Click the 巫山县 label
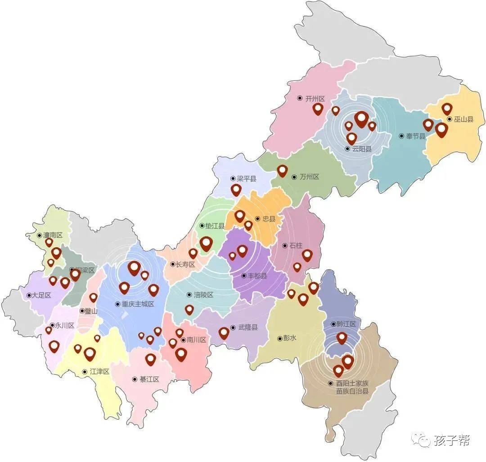[463, 120]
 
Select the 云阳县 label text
[362, 149]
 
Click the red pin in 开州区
[318, 109]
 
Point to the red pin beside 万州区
[282, 170]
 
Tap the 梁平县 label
[246, 179]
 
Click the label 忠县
[269, 219]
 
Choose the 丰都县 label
[257, 276]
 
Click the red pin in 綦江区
[151, 359]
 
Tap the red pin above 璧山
[93, 297]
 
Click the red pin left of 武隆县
[224, 333]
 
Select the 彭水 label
[289, 338]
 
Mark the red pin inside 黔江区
[342, 338]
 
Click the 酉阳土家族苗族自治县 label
[352, 387]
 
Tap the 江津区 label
[99, 372]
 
